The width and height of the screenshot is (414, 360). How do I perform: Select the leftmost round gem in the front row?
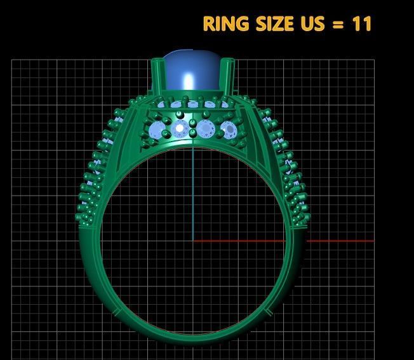coord(156,131)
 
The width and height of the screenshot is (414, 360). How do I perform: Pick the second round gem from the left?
coord(180,130)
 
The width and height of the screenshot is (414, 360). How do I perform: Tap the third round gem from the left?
coord(204,130)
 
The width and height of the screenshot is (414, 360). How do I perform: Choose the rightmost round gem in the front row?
coord(229,131)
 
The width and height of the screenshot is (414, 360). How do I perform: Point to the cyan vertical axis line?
coord(193,190)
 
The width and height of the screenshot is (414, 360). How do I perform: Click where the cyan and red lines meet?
coord(193,241)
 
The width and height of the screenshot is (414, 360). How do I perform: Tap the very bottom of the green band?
coord(193,335)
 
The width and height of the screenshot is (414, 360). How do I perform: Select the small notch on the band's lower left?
coord(116,312)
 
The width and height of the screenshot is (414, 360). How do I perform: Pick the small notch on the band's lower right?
coord(270,312)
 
